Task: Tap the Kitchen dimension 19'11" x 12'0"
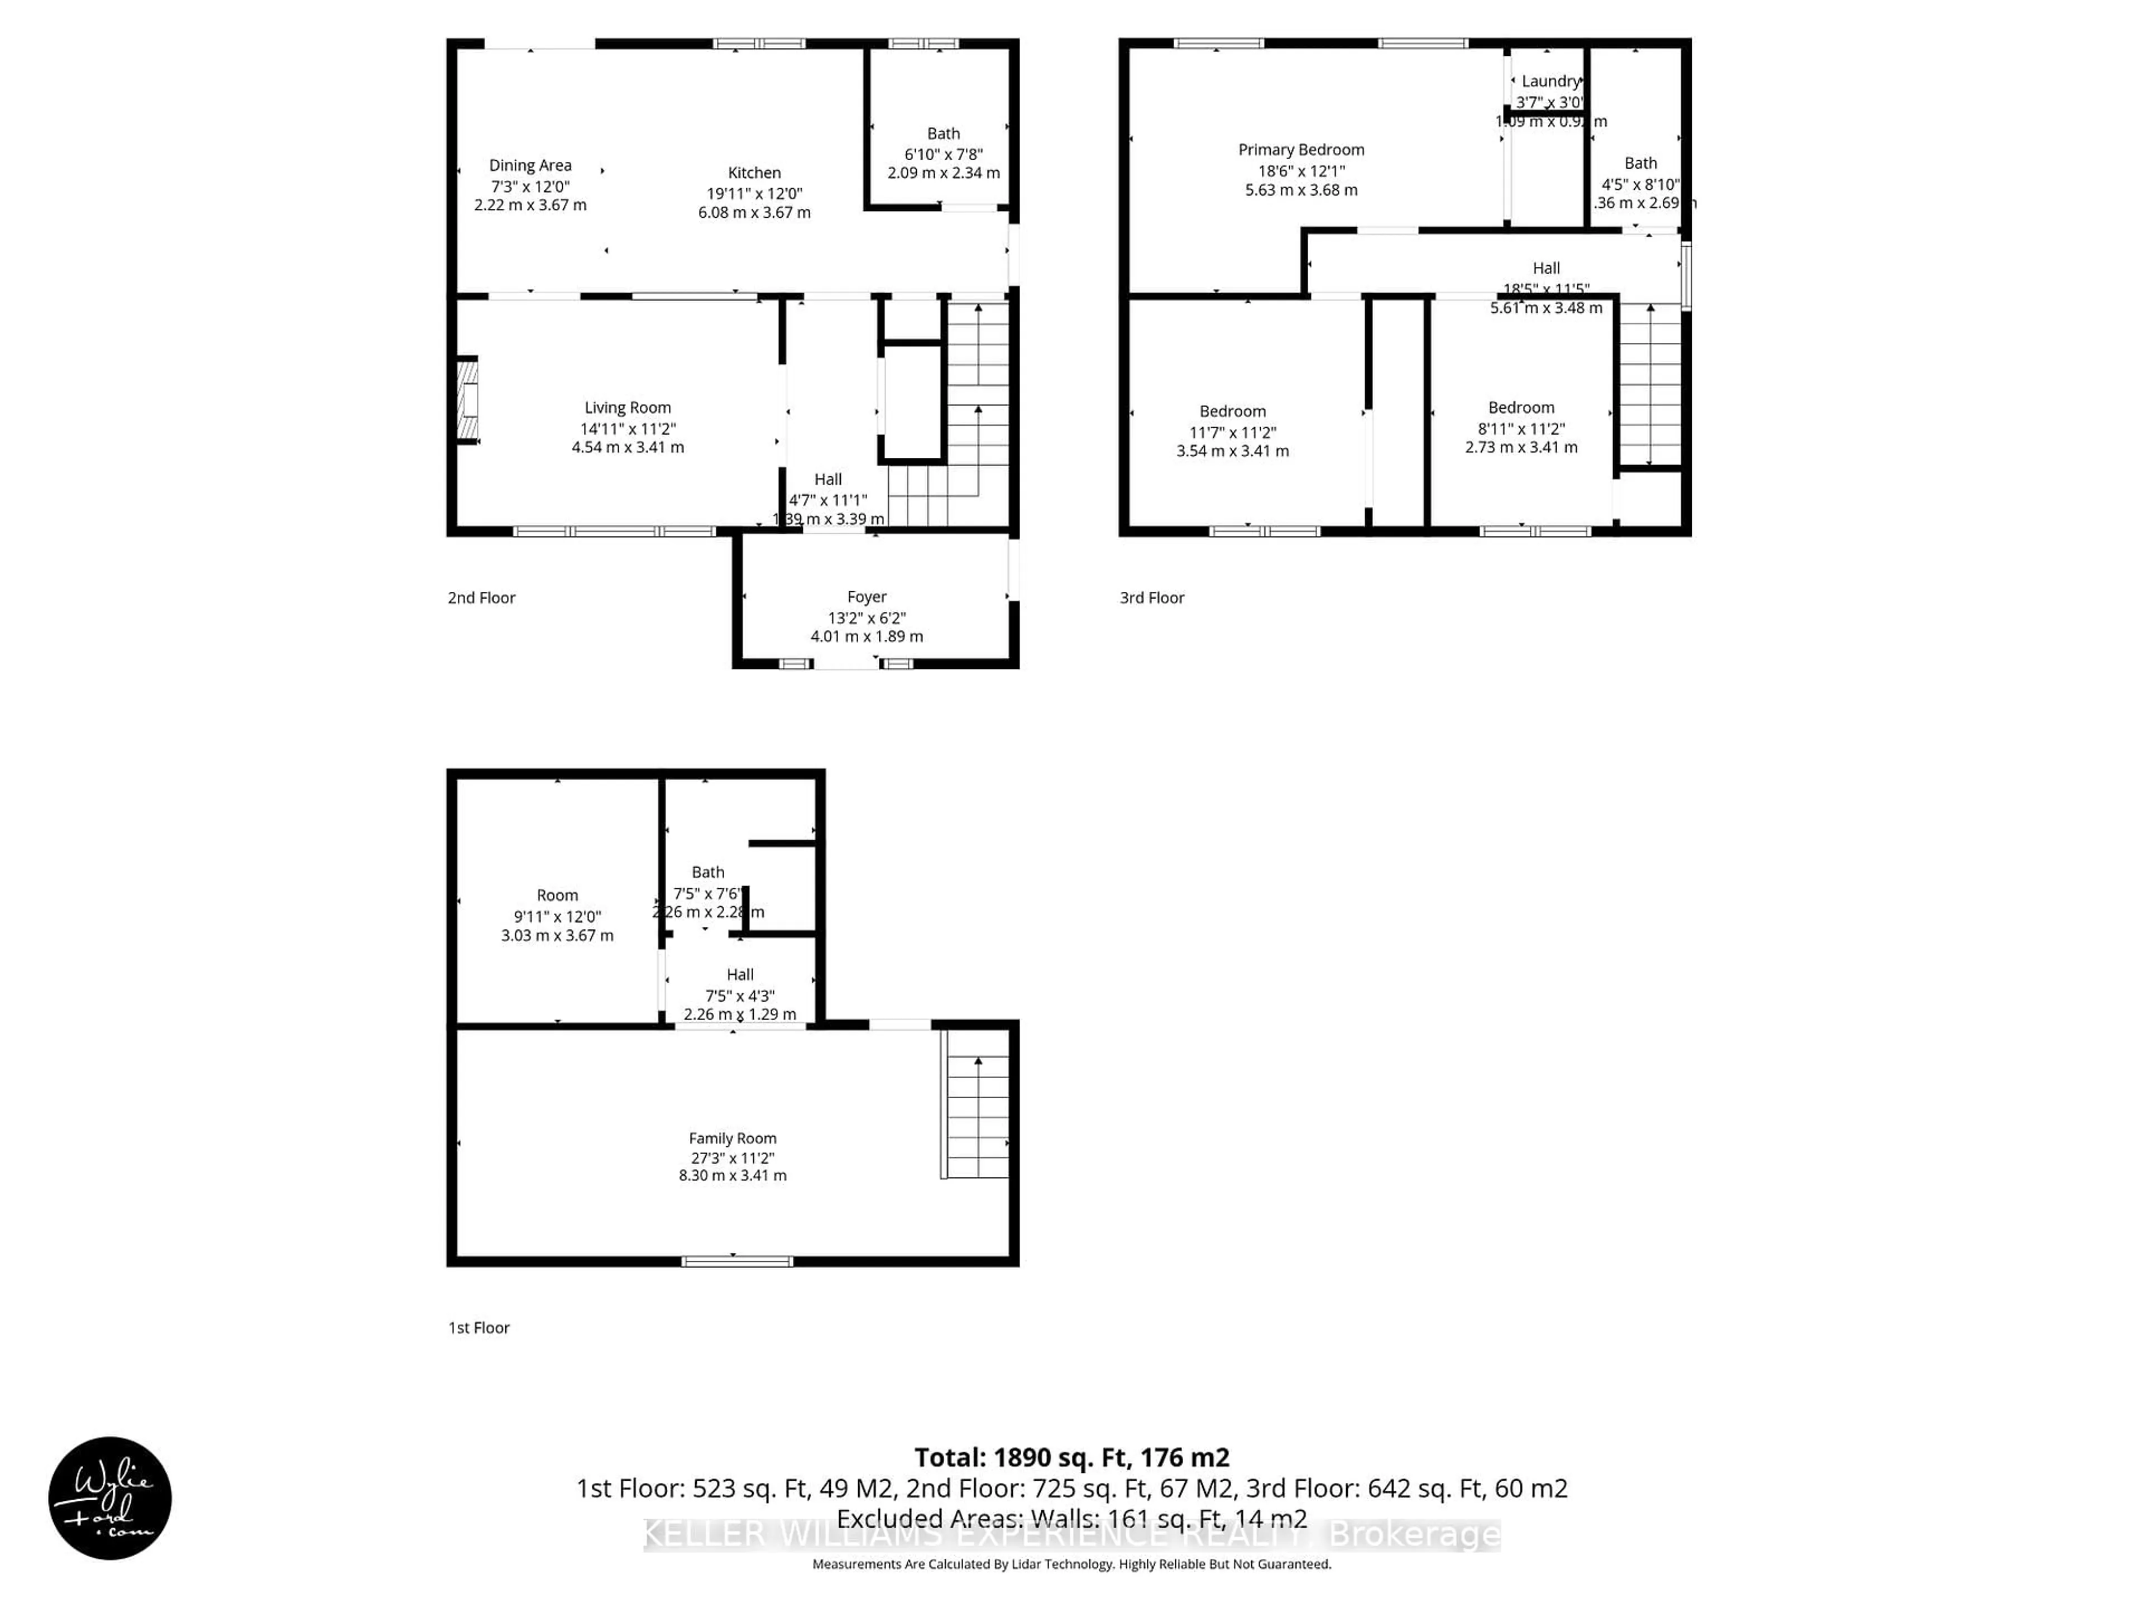pyautogui.click(x=754, y=193)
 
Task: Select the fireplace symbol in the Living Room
pyautogui.click(x=468, y=400)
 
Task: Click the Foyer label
pyautogui.click(x=867, y=597)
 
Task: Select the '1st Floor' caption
pyautogui.click(x=479, y=1328)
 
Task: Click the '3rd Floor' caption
pyautogui.click(x=1151, y=598)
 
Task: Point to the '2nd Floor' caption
pyautogui.click(x=482, y=598)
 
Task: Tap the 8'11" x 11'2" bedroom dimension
pyautogui.click(x=1521, y=428)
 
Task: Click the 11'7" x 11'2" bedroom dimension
pyautogui.click(x=1232, y=432)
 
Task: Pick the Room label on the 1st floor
pyautogui.click(x=557, y=896)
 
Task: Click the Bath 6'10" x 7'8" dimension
pyautogui.click(x=943, y=154)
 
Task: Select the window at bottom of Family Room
pyautogui.click(x=736, y=1261)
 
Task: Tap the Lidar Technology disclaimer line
pyautogui.click(x=1071, y=1564)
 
